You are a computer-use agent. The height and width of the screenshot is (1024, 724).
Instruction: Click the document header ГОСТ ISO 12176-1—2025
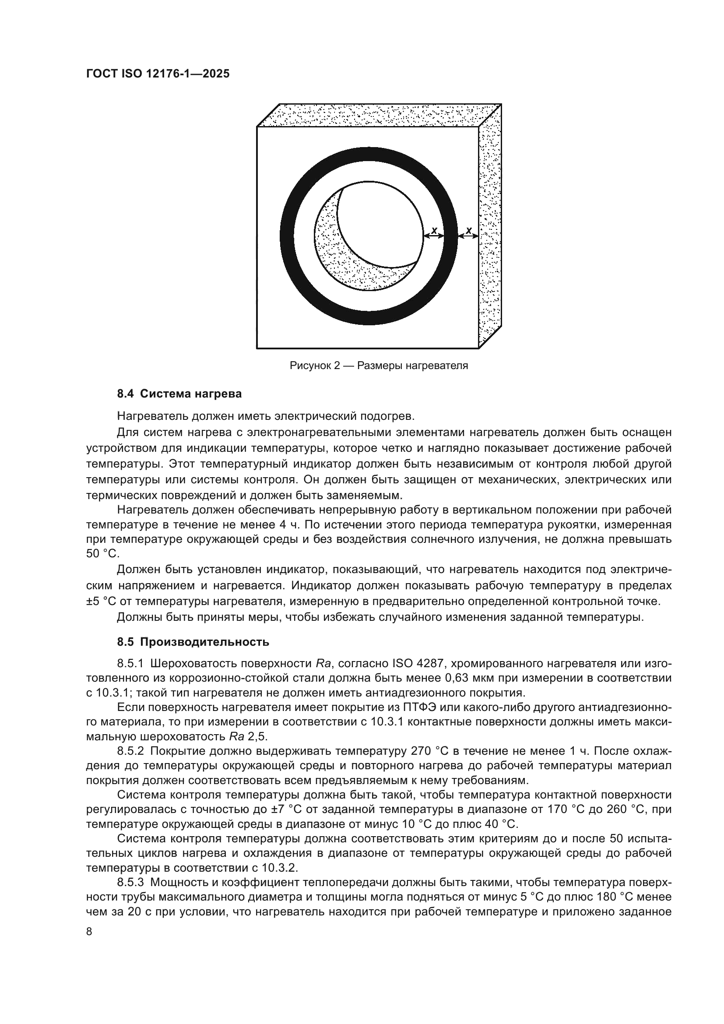(x=158, y=74)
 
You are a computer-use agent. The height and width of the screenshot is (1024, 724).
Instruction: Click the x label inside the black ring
(x=434, y=231)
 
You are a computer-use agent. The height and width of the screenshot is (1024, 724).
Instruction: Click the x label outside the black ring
(x=468, y=231)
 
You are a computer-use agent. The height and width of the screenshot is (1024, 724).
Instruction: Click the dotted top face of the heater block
(x=379, y=115)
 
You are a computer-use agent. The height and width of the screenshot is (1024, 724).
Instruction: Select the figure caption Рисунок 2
(x=379, y=366)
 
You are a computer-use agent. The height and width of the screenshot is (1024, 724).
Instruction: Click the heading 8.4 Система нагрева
(x=179, y=394)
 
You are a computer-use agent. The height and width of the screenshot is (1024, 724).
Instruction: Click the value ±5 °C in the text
(x=101, y=601)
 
